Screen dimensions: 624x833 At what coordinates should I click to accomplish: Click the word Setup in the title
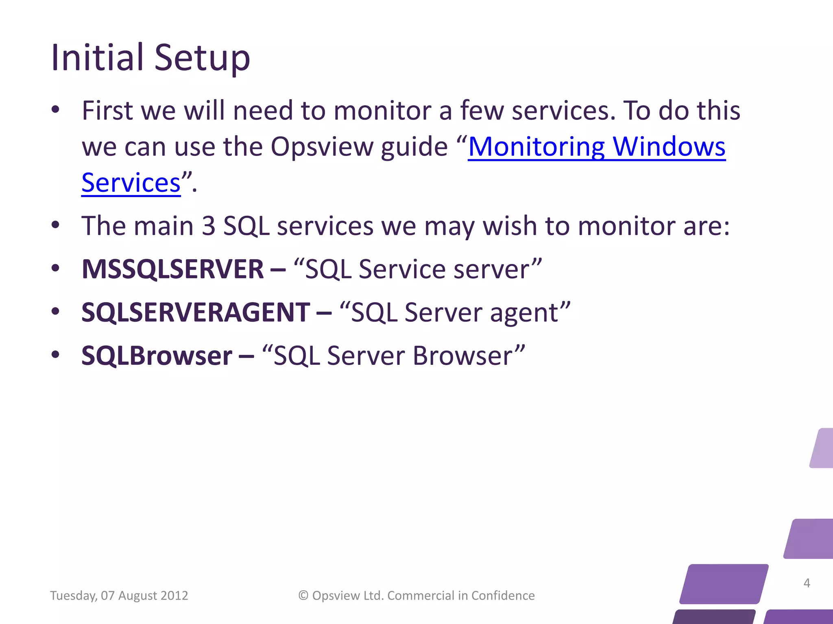click(x=202, y=58)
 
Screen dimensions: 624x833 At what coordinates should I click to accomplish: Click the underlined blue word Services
click(x=131, y=183)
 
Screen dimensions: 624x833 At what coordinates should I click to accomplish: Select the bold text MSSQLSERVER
click(x=173, y=269)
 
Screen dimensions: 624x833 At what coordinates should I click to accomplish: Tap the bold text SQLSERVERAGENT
click(x=196, y=312)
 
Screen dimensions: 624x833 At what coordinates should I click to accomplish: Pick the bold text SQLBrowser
click(x=157, y=356)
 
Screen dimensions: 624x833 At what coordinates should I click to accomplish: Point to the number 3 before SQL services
click(x=209, y=226)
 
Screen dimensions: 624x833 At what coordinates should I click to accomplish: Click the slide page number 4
click(x=807, y=583)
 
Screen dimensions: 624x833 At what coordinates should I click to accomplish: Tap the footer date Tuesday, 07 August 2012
click(x=119, y=596)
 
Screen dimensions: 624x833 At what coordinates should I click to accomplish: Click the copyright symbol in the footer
click(x=303, y=596)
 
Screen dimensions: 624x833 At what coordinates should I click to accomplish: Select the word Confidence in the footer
click(x=503, y=596)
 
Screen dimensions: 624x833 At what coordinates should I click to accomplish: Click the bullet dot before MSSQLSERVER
click(x=56, y=269)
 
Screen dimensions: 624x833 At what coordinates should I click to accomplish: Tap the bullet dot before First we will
click(x=56, y=110)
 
